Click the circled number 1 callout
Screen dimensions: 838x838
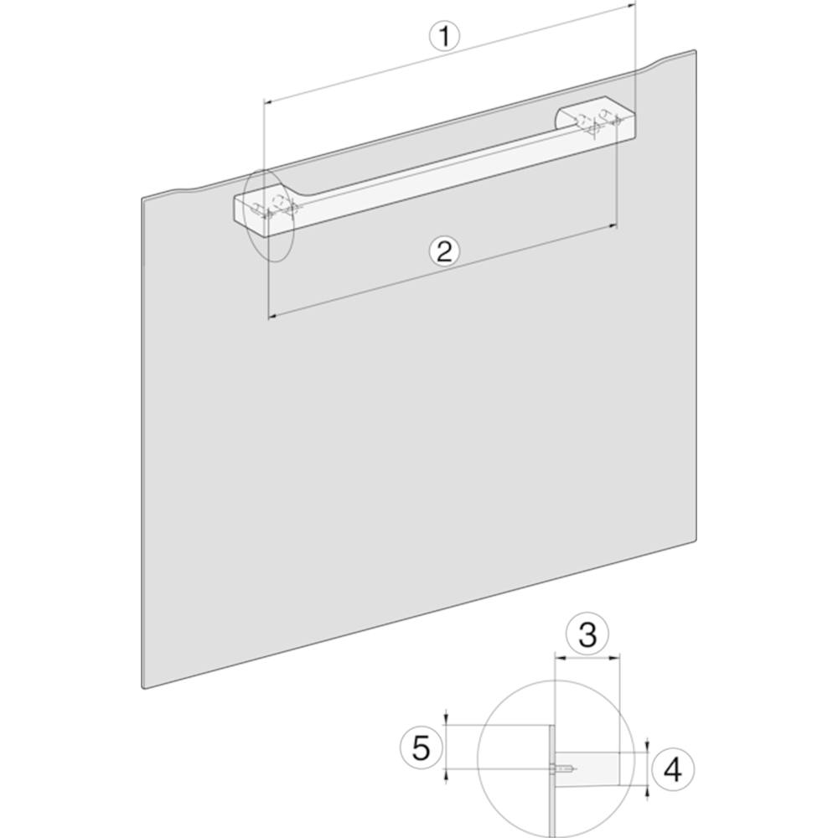(x=444, y=37)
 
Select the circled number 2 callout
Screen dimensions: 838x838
(x=445, y=251)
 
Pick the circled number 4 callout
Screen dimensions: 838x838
(x=673, y=770)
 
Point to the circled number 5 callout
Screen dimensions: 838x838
(x=422, y=747)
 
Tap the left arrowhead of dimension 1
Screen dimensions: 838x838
(x=268, y=101)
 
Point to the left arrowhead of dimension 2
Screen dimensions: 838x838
(x=271, y=317)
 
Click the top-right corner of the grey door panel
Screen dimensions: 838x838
(x=696, y=51)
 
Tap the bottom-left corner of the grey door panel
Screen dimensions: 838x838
(x=143, y=688)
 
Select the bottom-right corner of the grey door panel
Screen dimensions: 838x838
(x=696, y=541)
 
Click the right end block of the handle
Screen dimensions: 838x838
(x=597, y=119)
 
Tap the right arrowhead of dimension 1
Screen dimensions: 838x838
(x=631, y=5)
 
